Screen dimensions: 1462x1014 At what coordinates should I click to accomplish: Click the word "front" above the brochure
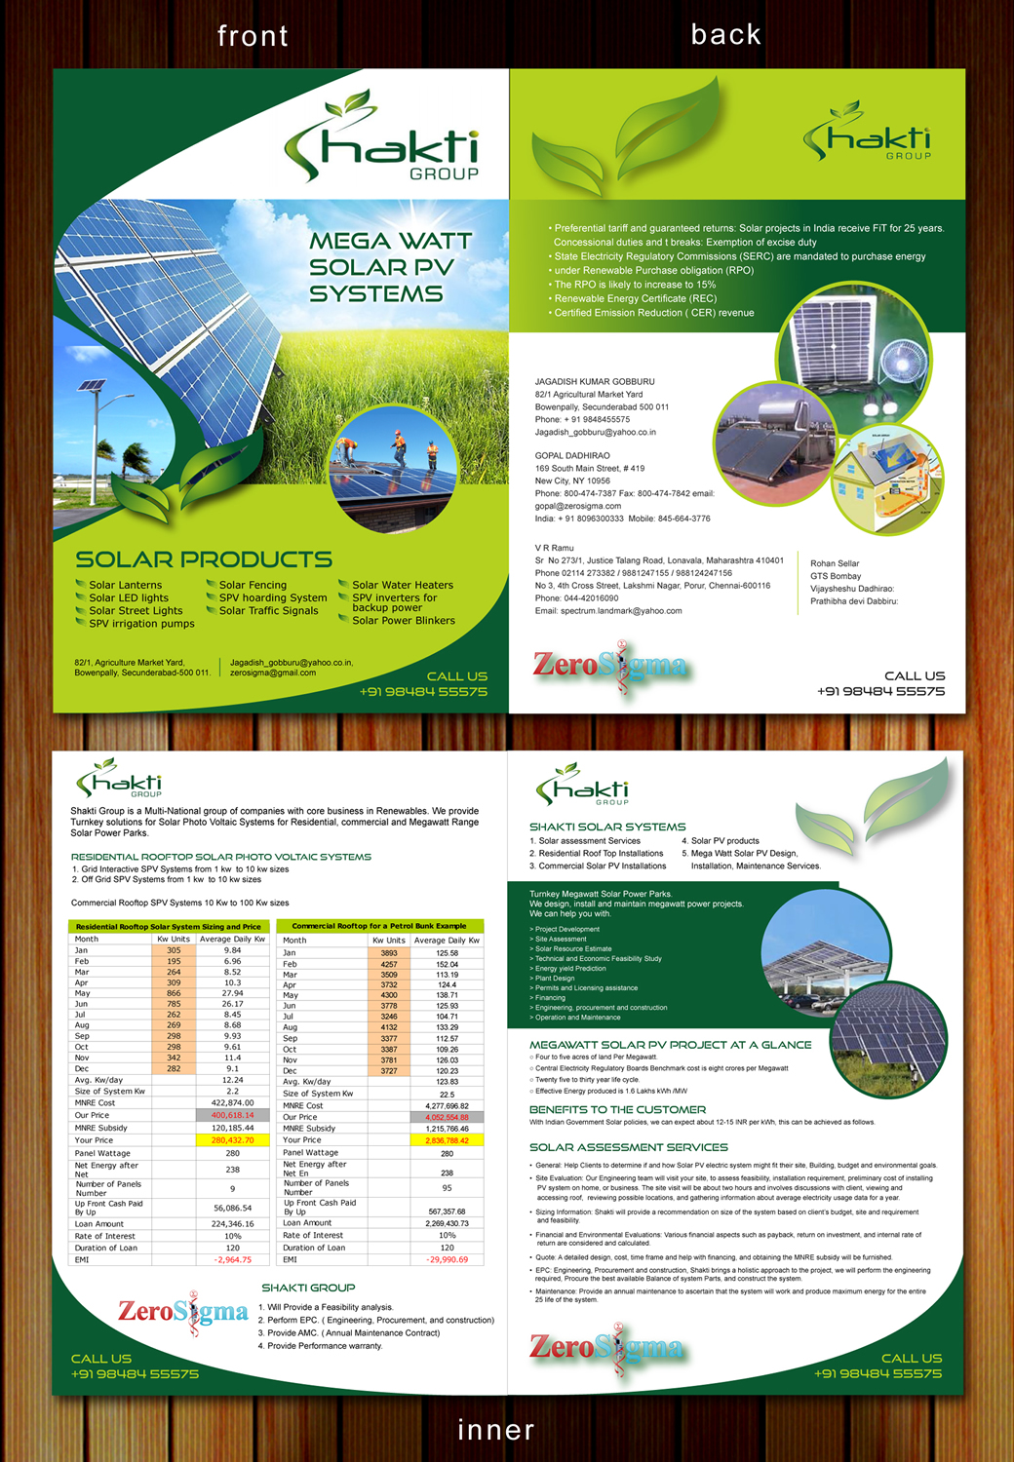253,37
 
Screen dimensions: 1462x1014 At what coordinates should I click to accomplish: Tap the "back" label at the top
725,35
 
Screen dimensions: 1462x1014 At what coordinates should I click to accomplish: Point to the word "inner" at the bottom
496,1430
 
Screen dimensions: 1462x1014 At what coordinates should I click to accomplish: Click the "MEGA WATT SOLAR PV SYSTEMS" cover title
390,267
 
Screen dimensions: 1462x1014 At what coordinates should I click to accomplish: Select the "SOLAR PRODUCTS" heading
204,559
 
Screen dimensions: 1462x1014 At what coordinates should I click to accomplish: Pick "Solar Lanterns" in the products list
126,585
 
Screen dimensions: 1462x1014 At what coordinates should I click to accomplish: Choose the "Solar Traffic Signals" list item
269,611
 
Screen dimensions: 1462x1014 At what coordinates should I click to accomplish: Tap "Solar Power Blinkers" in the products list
404,620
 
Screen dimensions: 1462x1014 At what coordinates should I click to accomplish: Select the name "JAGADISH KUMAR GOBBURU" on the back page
595,382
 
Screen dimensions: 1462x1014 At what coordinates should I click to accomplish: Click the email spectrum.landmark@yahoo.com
621,611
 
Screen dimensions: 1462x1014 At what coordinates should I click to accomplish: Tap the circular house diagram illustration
888,479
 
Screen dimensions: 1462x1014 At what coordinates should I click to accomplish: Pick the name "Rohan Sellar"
835,563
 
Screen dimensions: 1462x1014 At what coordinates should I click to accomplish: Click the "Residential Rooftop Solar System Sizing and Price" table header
169,927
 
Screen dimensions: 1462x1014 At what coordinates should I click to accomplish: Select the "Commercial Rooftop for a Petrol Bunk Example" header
379,926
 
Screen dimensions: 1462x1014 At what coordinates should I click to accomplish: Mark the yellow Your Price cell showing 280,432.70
232,1139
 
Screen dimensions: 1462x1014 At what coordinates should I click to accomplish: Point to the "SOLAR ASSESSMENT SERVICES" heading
628,1147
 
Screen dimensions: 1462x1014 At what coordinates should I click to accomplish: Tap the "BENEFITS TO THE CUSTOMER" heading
617,1109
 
